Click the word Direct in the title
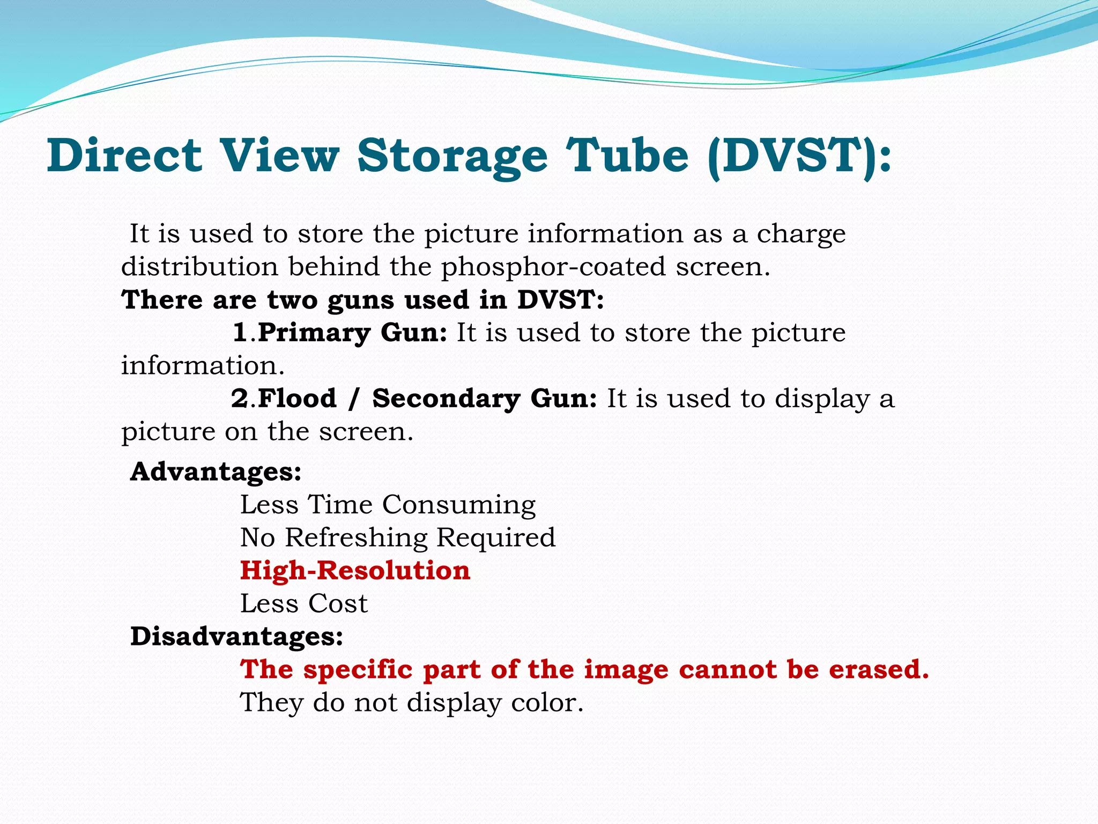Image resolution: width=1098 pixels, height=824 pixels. [x=124, y=156]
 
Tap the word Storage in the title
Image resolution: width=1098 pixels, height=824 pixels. [x=452, y=157]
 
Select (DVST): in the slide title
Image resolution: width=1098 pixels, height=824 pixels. [x=799, y=157]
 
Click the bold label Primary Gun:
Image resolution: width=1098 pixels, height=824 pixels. [x=352, y=333]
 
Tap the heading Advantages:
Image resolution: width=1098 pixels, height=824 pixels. [x=216, y=472]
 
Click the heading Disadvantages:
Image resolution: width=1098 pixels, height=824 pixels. [x=237, y=637]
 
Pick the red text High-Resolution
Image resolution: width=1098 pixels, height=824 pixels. [x=355, y=570]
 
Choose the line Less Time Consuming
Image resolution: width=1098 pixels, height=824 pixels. [x=388, y=505]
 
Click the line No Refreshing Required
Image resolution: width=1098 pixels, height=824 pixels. [x=398, y=538]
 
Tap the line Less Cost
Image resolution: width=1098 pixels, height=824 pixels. [x=303, y=604]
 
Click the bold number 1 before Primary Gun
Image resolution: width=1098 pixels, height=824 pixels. [x=240, y=333]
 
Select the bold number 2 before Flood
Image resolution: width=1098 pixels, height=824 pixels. [x=240, y=399]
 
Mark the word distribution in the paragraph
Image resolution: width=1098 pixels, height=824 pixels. [x=199, y=267]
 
